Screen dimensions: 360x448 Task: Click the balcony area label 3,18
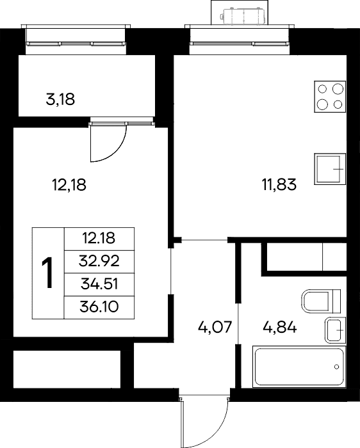60,99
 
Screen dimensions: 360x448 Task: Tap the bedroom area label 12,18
69,184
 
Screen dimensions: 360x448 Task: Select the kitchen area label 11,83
279,184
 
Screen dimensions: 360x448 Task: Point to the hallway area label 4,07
215,327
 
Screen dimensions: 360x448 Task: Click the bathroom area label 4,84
280,327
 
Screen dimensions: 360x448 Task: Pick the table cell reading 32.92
99,261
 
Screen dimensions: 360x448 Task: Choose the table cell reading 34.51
99,284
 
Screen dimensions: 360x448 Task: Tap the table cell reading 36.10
99,307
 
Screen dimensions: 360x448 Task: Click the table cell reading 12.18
99,239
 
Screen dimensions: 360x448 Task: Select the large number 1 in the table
47,273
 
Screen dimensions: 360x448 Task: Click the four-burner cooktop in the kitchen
330,97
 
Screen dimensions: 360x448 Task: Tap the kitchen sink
330,169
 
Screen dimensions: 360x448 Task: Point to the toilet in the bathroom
321,301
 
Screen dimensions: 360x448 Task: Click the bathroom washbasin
335,330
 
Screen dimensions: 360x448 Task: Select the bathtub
299,367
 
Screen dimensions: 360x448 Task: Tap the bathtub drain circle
336,367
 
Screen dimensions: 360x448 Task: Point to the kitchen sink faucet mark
338,169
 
